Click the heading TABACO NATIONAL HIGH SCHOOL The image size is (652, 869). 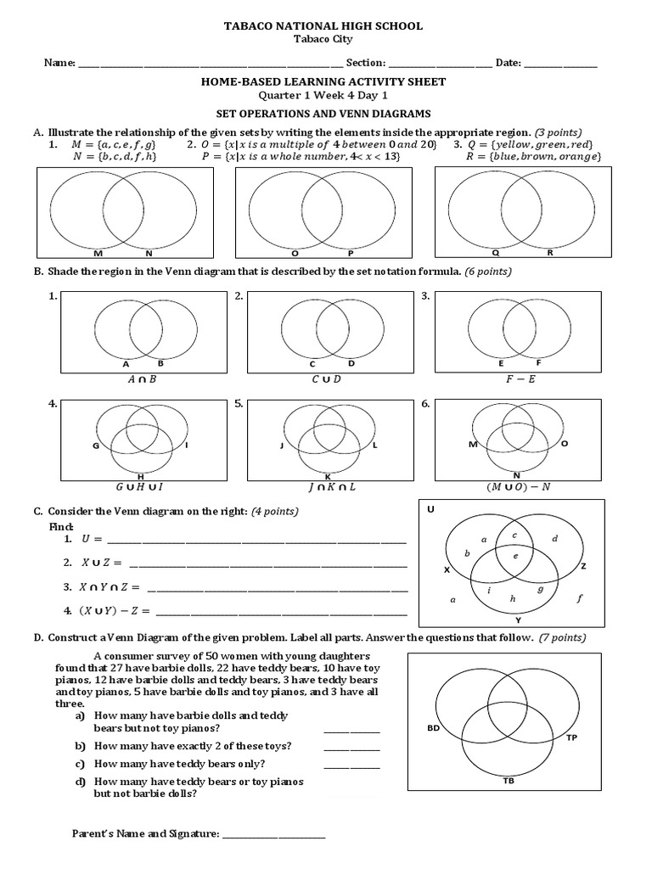point(323,26)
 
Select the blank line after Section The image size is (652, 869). point(440,64)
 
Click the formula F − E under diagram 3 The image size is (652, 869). point(515,379)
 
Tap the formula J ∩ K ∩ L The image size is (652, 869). point(332,487)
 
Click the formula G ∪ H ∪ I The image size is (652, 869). point(138,487)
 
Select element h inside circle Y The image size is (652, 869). point(513,598)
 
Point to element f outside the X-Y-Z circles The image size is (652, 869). point(579,598)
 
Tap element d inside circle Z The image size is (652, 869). point(554,539)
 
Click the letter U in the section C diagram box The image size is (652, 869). point(430,510)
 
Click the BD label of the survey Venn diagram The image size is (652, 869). point(433,728)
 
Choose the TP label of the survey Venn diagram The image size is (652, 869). point(571,738)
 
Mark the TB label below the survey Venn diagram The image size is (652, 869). point(508,780)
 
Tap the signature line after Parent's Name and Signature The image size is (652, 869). point(273,835)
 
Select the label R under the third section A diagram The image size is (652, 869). point(549,253)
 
